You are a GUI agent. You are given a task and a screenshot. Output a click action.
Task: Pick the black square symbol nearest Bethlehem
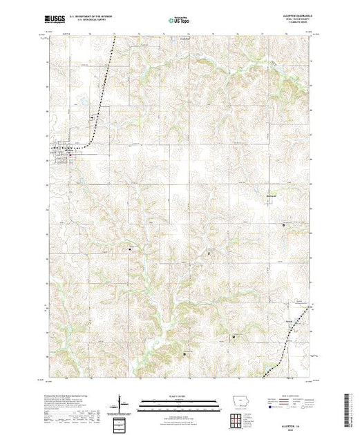point(283,224)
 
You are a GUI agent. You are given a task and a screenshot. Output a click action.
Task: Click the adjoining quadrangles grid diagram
point(238,419)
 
